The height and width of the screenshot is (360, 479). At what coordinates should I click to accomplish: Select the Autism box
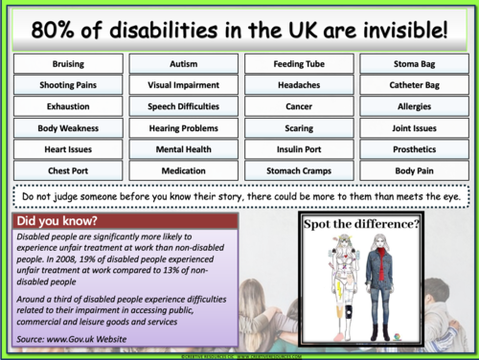pyautogui.click(x=183, y=63)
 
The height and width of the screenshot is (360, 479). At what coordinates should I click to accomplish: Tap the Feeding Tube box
pyautogui.click(x=299, y=63)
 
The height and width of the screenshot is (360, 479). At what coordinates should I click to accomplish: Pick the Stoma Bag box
pyautogui.click(x=413, y=63)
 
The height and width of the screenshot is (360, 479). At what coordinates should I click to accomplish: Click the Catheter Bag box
pyautogui.click(x=413, y=84)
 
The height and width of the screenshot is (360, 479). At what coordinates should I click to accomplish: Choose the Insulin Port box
pyautogui.click(x=299, y=149)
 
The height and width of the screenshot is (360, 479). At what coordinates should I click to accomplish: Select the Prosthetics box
pyautogui.click(x=413, y=149)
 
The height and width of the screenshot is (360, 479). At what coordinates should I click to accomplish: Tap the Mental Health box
pyautogui.click(x=183, y=149)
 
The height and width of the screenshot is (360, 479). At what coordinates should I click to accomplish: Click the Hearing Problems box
pyautogui.click(x=183, y=127)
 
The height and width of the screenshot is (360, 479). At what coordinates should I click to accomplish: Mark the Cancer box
pyautogui.click(x=299, y=106)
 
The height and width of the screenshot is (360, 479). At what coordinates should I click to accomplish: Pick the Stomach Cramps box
pyautogui.click(x=299, y=170)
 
